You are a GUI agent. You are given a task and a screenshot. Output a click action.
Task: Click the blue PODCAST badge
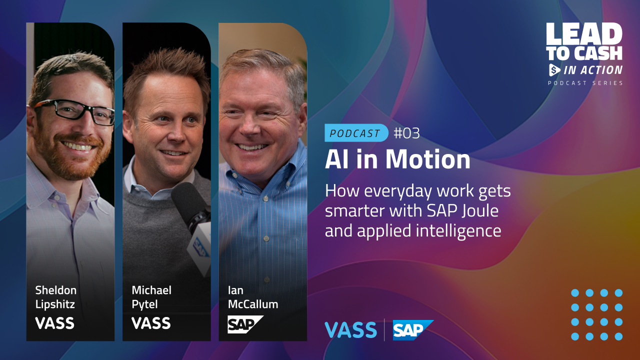click(356, 133)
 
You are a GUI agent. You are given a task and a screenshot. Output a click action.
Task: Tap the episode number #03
click(406, 133)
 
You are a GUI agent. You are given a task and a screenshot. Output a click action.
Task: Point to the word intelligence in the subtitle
click(458, 231)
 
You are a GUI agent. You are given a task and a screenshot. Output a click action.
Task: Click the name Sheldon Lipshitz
click(55, 297)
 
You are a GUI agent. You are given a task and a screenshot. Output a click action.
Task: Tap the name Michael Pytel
click(151, 297)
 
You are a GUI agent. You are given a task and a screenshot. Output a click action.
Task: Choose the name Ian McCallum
click(252, 297)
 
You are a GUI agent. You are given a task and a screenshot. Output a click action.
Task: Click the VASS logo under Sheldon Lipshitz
click(54, 323)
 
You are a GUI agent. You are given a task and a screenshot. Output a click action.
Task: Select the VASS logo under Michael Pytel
click(151, 323)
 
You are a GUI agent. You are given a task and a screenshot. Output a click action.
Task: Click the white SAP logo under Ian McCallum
click(245, 324)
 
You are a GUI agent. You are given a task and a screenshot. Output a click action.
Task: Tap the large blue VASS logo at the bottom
click(350, 330)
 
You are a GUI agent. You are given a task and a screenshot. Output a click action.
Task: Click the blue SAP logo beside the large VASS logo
click(413, 330)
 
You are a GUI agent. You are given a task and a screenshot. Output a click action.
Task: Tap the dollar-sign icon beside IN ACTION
click(554, 70)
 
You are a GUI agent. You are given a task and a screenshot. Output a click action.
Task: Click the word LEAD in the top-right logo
click(584, 34)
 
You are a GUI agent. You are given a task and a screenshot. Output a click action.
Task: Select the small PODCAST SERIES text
click(585, 83)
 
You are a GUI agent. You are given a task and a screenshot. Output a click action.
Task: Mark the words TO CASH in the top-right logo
click(584, 53)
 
